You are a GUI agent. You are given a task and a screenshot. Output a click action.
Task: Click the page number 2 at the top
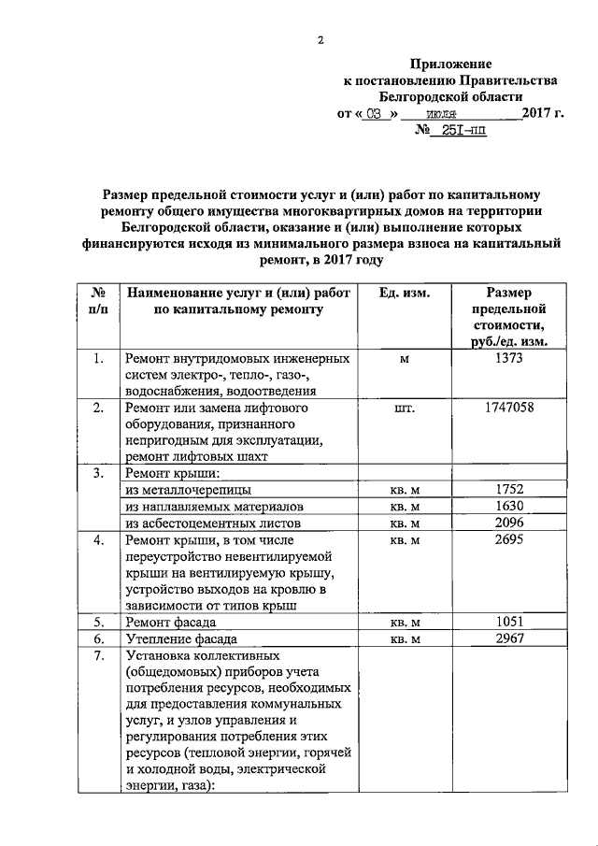320,39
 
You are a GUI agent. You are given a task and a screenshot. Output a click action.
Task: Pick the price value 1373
509,358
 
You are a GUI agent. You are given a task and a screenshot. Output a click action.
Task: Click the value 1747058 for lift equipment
509,409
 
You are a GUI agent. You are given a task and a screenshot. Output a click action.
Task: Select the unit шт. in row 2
405,409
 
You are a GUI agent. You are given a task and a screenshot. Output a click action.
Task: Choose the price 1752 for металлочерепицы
509,489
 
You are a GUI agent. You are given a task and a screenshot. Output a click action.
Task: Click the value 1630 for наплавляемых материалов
509,506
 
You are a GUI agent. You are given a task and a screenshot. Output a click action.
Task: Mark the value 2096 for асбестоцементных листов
509,523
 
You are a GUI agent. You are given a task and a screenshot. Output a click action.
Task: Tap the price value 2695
509,539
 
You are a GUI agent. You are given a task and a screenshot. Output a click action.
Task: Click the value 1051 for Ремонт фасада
509,622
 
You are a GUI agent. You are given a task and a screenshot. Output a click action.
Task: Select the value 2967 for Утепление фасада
509,638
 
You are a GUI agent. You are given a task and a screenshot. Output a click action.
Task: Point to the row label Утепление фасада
181,639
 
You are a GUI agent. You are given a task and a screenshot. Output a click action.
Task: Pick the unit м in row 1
405,359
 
